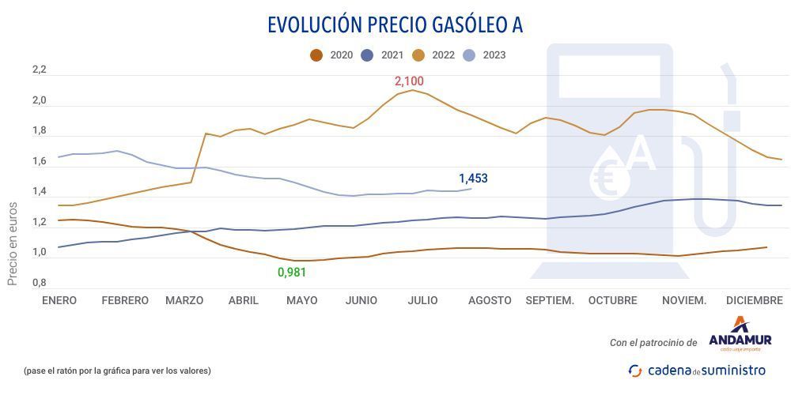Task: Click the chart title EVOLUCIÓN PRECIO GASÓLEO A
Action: tap(395, 25)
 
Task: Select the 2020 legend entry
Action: tap(333, 55)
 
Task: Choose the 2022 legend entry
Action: tap(435, 55)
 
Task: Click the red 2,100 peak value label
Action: tap(410, 81)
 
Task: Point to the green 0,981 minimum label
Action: tap(291, 273)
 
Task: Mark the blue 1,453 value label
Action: tap(473, 179)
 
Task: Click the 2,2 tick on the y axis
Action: tap(40, 70)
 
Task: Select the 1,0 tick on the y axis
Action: tap(40, 252)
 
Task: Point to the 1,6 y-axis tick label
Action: tap(40, 162)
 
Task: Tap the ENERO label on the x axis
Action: tap(59, 300)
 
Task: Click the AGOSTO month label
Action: tap(490, 300)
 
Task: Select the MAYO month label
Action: tap(301, 300)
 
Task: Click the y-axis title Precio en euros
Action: tap(13, 242)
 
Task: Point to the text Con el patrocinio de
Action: tap(653, 343)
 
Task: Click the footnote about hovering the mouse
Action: tap(118, 370)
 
